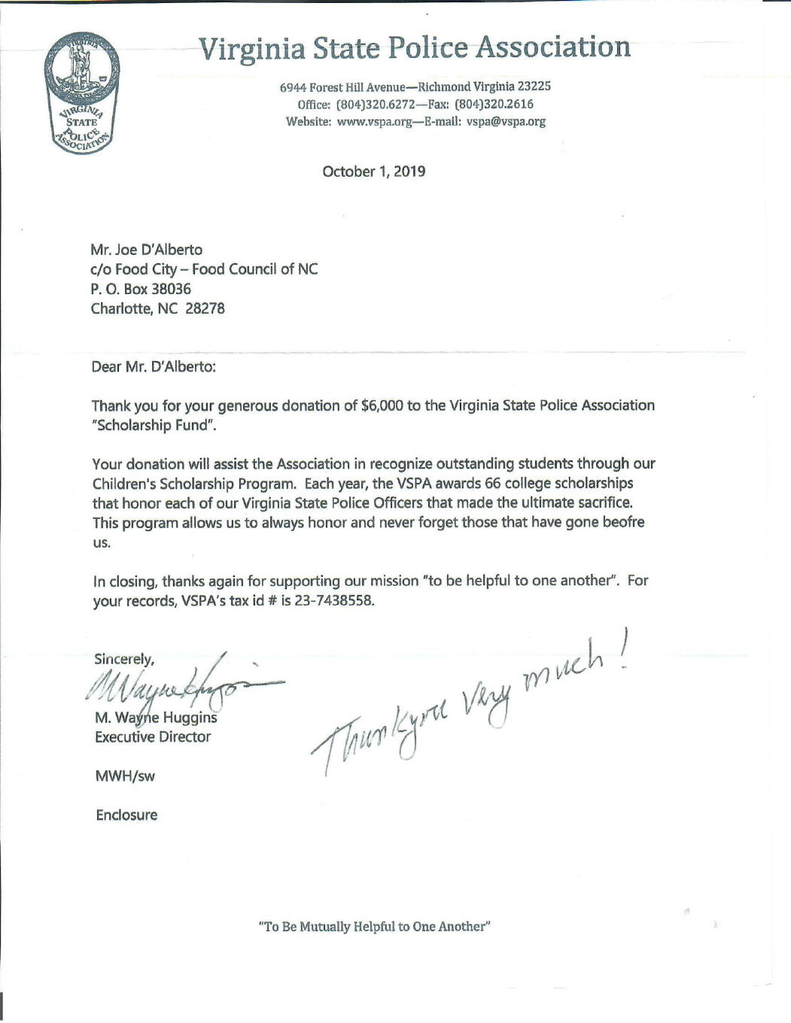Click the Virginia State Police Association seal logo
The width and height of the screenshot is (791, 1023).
coord(81,93)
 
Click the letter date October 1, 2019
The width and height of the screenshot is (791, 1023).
coord(373,172)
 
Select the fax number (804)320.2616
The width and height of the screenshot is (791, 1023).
coord(494,105)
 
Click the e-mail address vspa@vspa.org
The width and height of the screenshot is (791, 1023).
coord(506,122)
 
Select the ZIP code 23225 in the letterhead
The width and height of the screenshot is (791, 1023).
coord(534,87)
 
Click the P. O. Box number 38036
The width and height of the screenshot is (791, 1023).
coord(171,289)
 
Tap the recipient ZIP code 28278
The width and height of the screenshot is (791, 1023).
coord(205,308)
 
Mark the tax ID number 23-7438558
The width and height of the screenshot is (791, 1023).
coord(333,601)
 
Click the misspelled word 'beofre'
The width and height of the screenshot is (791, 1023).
coord(624,522)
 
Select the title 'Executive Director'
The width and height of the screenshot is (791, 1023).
coord(153,737)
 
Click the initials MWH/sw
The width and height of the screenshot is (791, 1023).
coord(125,776)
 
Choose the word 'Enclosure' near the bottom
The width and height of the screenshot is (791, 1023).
coord(126,815)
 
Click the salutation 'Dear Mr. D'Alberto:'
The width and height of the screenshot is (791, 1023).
coord(154,367)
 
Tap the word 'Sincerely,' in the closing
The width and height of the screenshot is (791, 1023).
coord(124,659)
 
